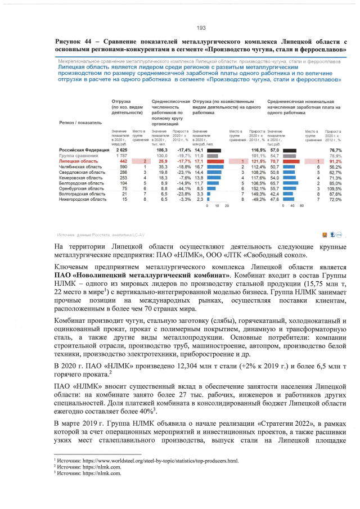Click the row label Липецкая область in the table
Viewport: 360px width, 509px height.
click(x=78, y=161)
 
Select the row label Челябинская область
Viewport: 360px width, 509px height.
click(x=80, y=167)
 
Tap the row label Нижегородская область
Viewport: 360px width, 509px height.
click(x=83, y=199)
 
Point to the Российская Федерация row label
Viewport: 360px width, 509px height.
click(x=82, y=151)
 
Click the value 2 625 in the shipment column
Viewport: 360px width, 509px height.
click(x=121, y=151)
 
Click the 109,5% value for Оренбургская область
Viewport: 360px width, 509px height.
click(x=335, y=188)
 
